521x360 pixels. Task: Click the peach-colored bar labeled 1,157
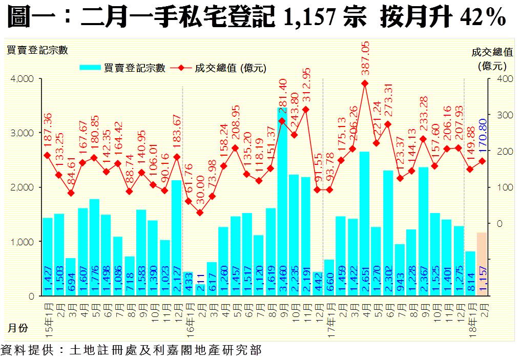(482, 264)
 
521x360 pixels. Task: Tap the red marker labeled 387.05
(365, 83)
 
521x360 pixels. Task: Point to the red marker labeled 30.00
(200, 213)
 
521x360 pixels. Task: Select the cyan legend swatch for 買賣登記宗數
(90, 68)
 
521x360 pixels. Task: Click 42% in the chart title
(483, 19)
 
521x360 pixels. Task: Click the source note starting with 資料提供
(131, 351)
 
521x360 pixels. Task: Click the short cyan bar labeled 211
(200, 290)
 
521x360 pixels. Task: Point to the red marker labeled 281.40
(282, 121)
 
